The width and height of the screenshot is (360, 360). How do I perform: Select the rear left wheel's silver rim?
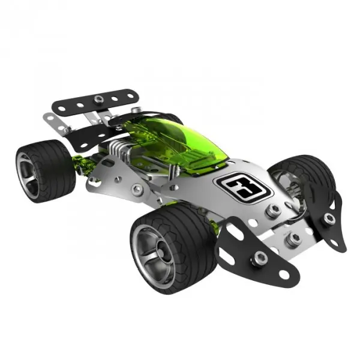[27, 176]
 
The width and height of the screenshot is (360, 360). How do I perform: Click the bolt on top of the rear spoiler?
[99, 99]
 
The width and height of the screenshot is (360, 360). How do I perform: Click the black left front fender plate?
[255, 253]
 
